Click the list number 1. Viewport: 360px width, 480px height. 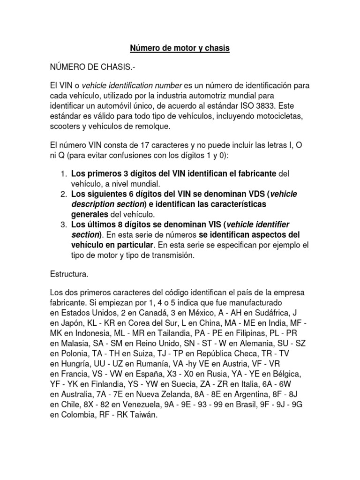pos(64,174)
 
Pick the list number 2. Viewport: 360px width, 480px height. pos(64,194)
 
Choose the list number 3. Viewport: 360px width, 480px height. pos(64,225)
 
